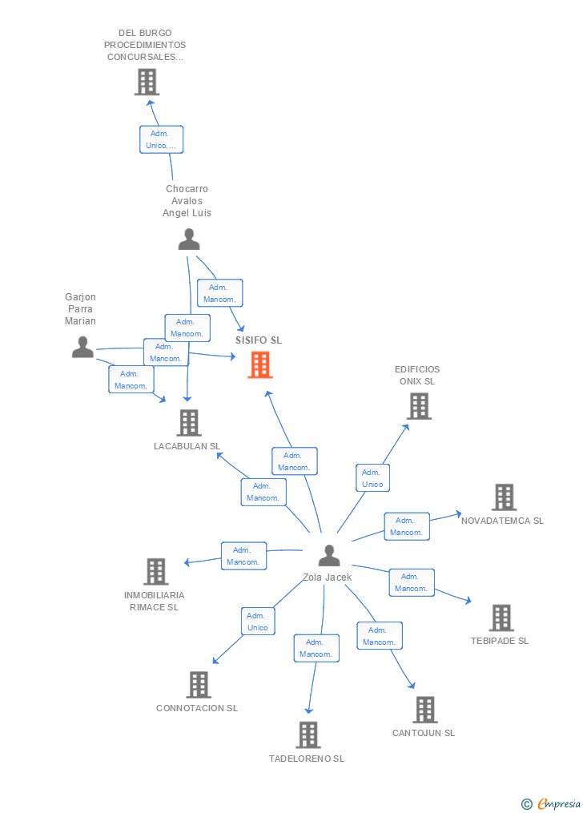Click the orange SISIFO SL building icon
[x=260, y=365]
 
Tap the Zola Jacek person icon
[x=328, y=555]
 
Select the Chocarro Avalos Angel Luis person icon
[x=188, y=239]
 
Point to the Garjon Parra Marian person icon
[x=82, y=347]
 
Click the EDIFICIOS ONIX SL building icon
[x=419, y=406]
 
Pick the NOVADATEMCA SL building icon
[x=504, y=497]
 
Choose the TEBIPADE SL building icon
[x=501, y=618]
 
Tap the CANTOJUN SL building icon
[x=425, y=710]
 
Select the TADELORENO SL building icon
[x=308, y=735]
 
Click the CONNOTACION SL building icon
[x=199, y=685]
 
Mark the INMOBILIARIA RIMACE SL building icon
[x=156, y=571]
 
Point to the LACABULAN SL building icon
[x=189, y=422]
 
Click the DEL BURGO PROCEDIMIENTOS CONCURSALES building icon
[x=147, y=82]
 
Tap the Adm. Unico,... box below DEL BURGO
[x=161, y=139]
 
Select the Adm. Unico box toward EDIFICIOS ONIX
[x=372, y=478]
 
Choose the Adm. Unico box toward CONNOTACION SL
[x=258, y=622]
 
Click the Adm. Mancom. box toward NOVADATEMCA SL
[x=407, y=526]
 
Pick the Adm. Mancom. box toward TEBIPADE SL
[x=411, y=582]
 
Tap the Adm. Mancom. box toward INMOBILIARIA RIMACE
[x=243, y=556]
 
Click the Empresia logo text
[x=559, y=803]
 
